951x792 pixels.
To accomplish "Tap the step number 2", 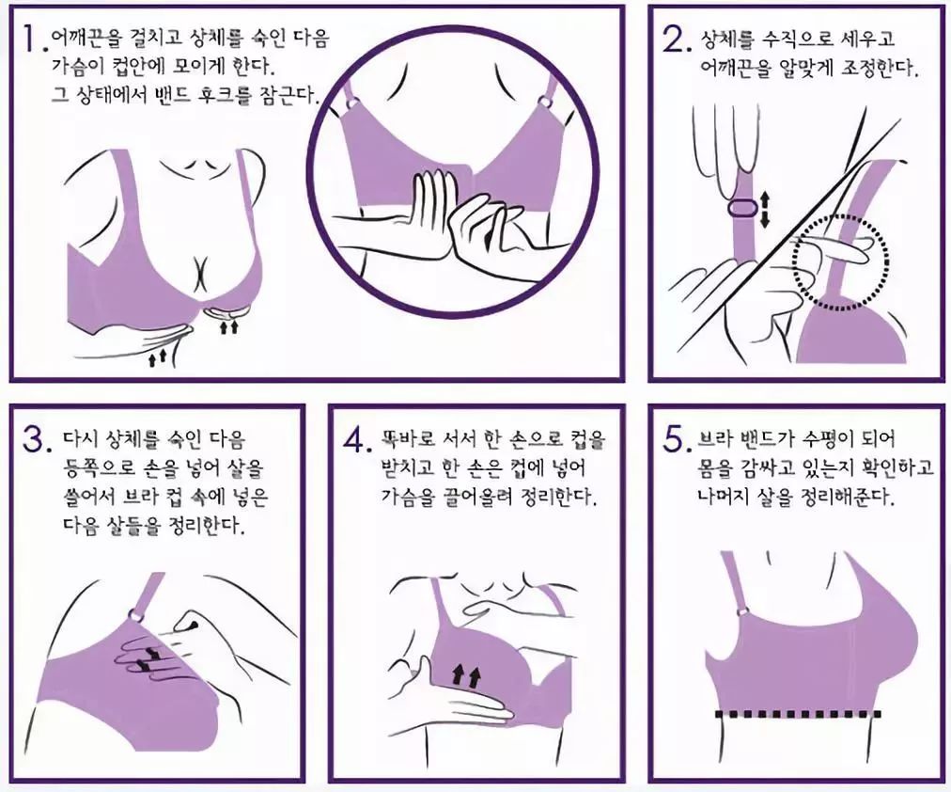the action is pos(673,40).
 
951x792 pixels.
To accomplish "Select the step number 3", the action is pos(33,439).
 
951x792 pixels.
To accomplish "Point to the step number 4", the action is pos(354,439).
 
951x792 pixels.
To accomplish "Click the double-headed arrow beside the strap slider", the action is pos(764,210).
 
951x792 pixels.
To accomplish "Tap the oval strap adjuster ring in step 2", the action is pos(741,209).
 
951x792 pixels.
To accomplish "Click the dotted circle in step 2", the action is pos(841,262).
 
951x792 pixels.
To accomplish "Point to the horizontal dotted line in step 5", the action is pos(798,714).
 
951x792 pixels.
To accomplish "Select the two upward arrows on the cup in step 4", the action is pos(466,674).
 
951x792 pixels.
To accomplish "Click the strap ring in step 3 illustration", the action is pos(136,615).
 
